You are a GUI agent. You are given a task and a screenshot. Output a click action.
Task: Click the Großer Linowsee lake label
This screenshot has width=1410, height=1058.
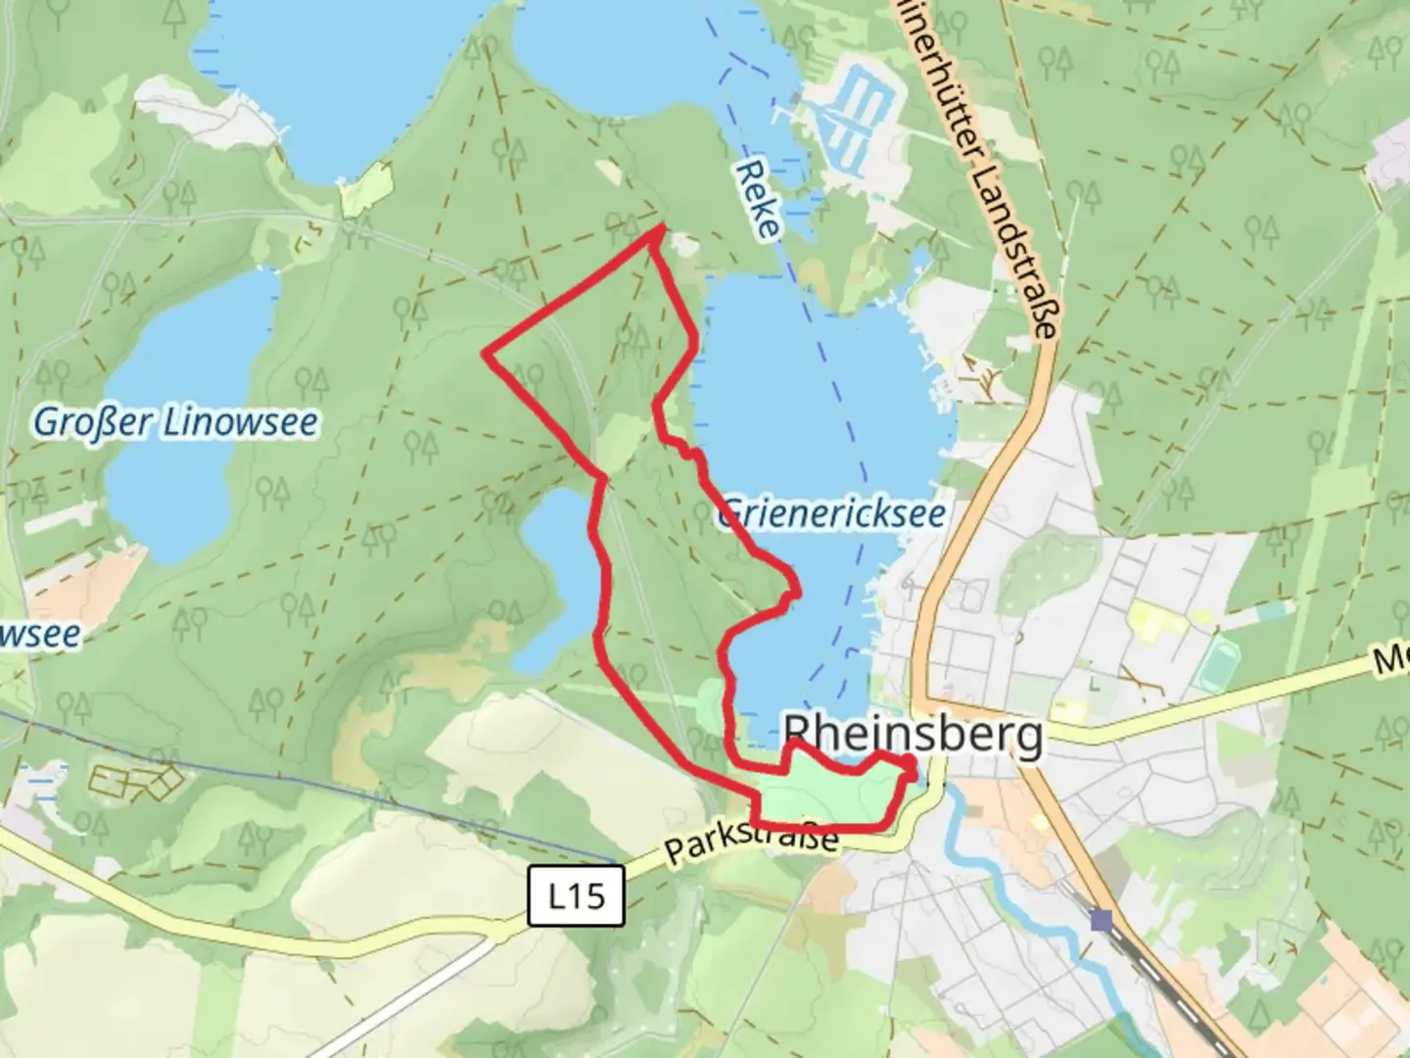176,423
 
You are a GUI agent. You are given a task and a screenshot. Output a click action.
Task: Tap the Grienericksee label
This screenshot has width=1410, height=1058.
833,513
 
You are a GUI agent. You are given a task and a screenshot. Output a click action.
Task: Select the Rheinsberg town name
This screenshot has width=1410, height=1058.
914,735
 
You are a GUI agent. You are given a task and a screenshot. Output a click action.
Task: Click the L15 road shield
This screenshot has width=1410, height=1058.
576,895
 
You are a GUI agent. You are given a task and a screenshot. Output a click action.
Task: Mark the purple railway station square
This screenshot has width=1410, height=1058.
1102,920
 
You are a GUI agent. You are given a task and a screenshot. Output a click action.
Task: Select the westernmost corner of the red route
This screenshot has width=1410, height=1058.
487,353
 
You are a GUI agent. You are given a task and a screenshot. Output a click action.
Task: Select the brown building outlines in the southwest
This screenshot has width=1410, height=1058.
137,780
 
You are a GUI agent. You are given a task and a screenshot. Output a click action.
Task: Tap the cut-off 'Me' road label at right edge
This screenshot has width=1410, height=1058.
1390,661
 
